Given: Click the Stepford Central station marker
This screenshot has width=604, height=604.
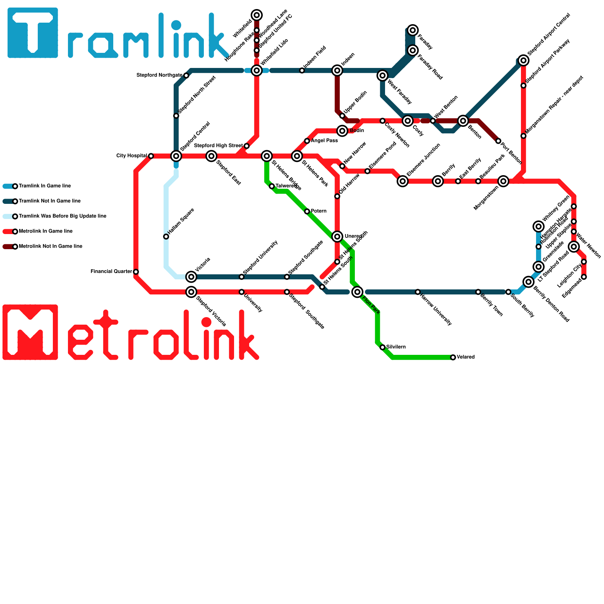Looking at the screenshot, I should tap(176, 156).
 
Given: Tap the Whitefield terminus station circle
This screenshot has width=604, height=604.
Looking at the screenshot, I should tap(257, 15).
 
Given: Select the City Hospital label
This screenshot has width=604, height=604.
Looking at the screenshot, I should tap(131, 156).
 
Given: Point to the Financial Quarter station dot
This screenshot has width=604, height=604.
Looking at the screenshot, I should tap(136, 272).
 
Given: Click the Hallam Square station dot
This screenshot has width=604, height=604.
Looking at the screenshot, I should tap(166, 237).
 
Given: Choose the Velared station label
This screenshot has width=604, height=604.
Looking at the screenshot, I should tap(465, 357).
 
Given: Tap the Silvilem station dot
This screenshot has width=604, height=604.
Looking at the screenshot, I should tap(382, 347).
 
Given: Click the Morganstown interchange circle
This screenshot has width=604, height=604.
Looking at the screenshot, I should tap(503, 181).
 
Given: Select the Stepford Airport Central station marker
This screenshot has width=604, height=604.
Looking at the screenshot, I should tap(523, 60).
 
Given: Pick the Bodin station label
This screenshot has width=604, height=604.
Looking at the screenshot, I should tap(357, 131).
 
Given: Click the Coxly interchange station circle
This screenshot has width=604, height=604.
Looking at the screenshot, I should tap(407, 121).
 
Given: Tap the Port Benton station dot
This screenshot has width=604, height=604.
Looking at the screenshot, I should tap(498, 141).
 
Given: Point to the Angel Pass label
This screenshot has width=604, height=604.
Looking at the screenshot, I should tap(324, 141).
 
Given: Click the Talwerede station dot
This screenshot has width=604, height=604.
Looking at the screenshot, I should tap(272, 186).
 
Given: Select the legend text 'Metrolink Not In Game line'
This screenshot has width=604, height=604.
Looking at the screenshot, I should tap(50, 247).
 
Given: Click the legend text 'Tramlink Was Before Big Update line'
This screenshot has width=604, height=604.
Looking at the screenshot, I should tap(62, 216).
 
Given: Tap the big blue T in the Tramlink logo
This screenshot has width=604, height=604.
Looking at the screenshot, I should tap(33, 33).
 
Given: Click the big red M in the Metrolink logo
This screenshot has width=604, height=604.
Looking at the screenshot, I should tap(30, 332).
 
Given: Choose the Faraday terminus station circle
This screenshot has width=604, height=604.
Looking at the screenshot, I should tap(413, 30).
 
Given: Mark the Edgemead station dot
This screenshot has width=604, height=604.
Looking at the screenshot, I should tap(584, 277).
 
